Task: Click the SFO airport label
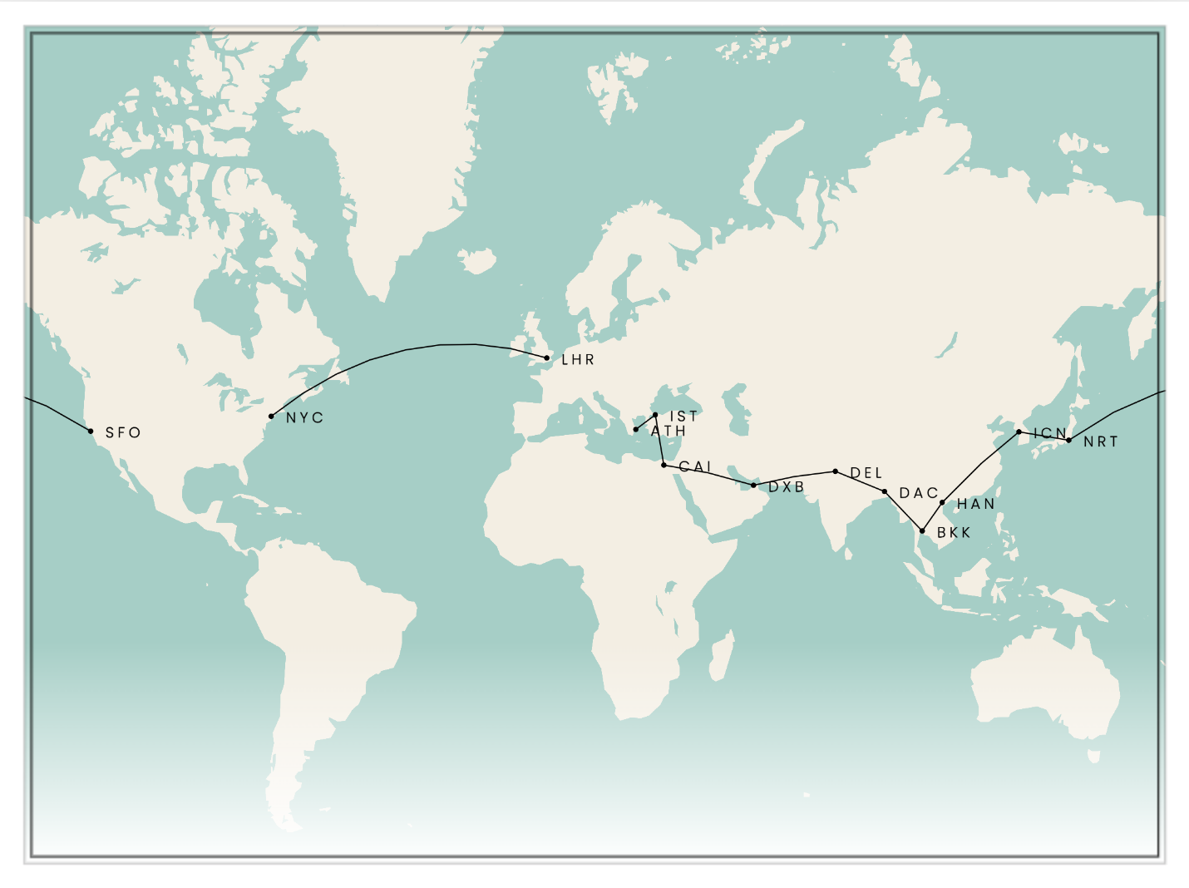(123, 432)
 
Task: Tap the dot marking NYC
(271, 416)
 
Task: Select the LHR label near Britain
(578, 360)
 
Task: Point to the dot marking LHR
(546, 358)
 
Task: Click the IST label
(683, 416)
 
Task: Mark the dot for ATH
(636, 429)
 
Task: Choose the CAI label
(695, 466)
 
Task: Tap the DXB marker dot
(753, 485)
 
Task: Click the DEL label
(866, 473)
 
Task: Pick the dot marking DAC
(885, 491)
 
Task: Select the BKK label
(954, 533)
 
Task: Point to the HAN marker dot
(942, 502)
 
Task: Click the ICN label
(1049, 433)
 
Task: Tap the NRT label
(1100, 442)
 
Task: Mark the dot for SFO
(91, 431)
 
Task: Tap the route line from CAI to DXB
(708, 475)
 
